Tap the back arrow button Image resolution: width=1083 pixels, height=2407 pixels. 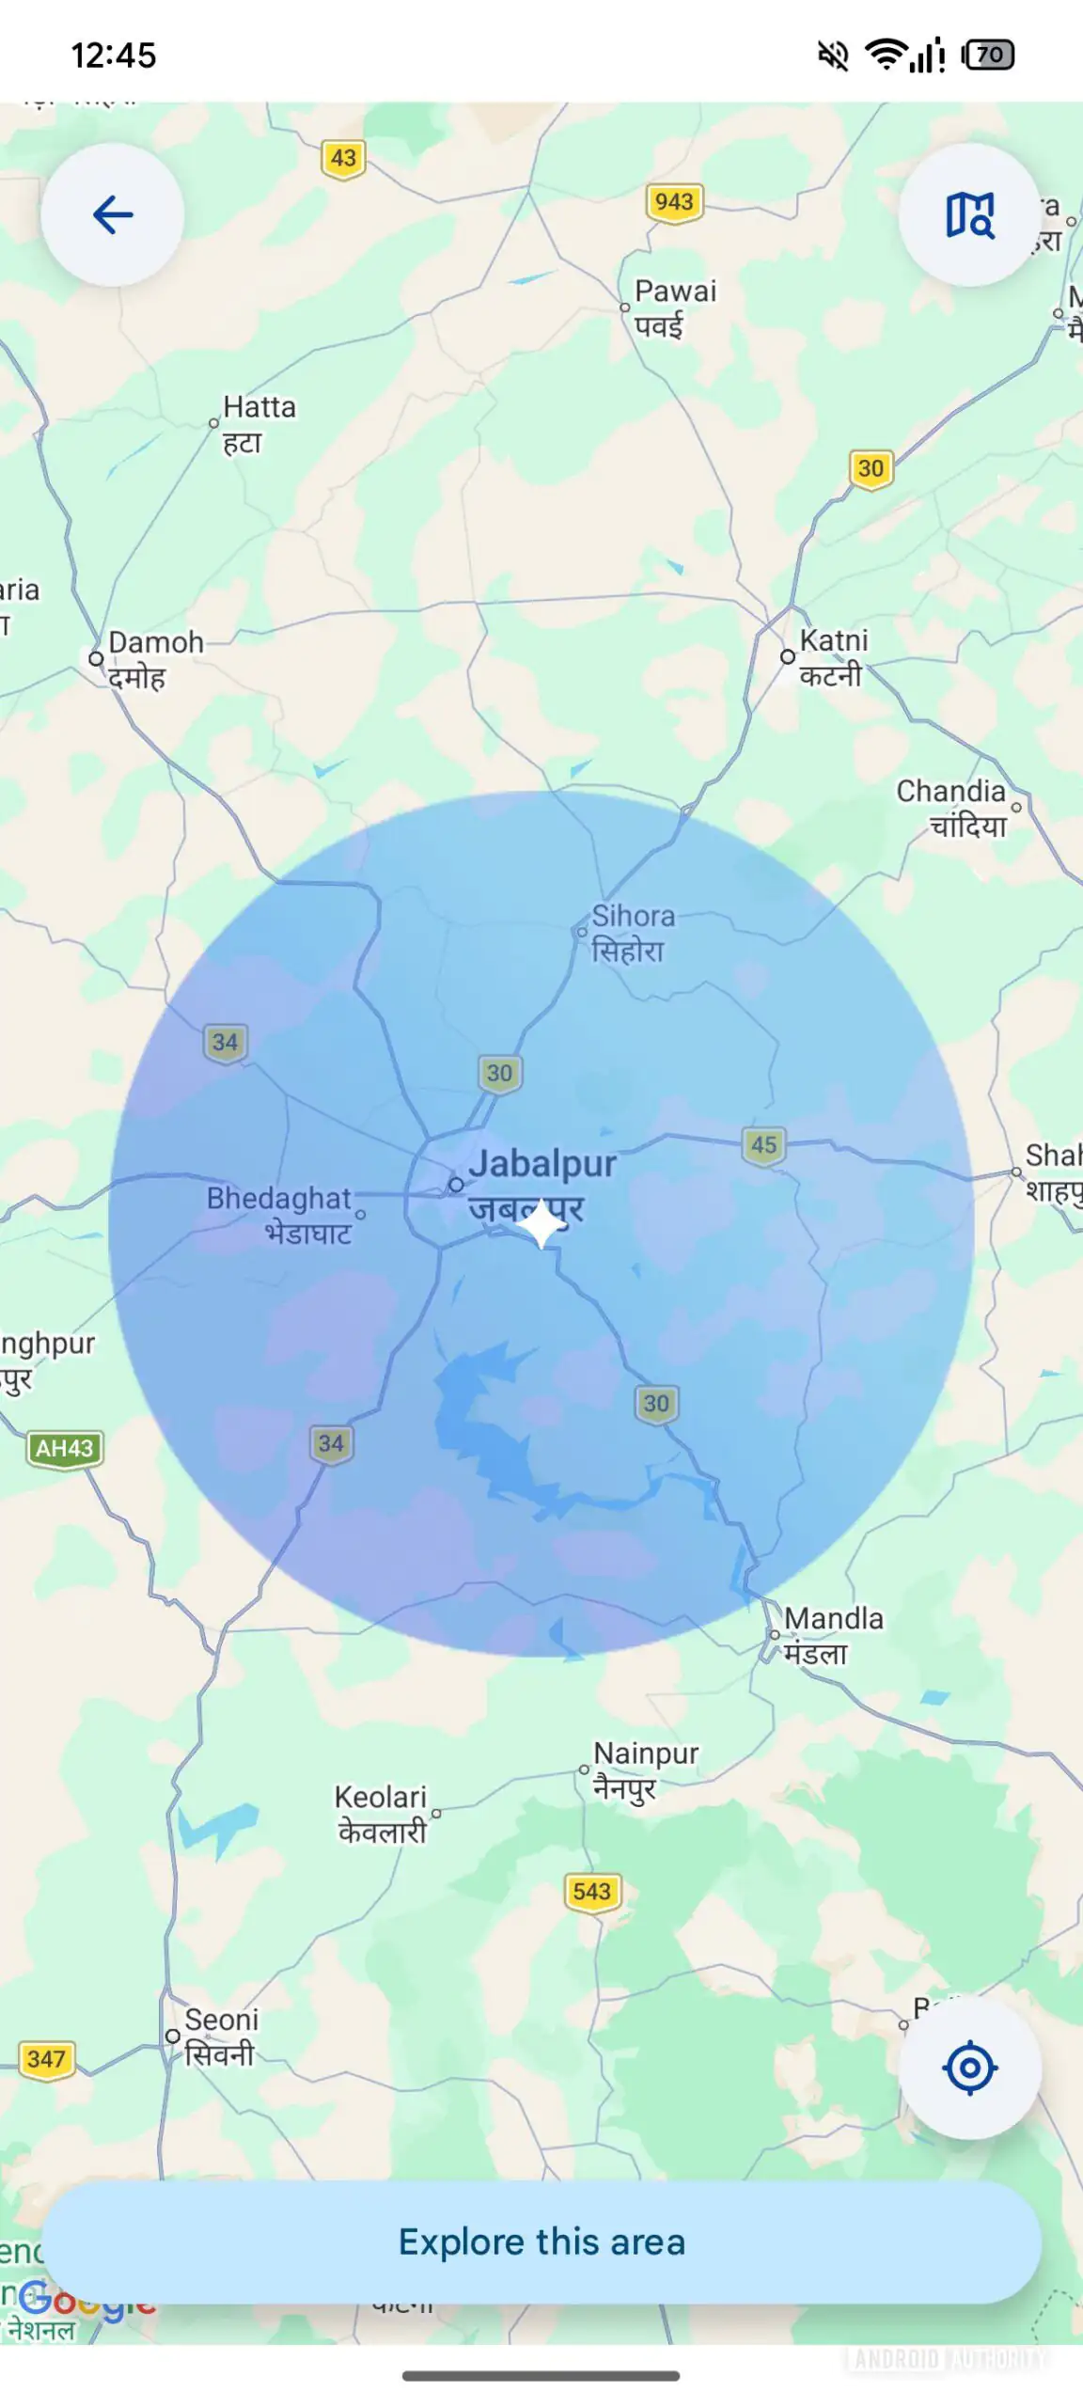(x=113, y=215)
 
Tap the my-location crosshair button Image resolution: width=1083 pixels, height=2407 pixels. (x=969, y=2068)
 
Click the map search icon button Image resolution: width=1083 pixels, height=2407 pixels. (x=969, y=215)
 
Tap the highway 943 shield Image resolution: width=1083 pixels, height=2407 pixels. (x=674, y=202)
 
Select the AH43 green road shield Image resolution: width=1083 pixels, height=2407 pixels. (x=64, y=1448)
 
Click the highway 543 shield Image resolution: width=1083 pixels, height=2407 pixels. (x=591, y=1891)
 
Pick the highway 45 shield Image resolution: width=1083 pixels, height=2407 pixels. (x=763, y=1145)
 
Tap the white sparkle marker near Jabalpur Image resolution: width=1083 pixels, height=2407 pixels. (x=542, y=1225)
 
